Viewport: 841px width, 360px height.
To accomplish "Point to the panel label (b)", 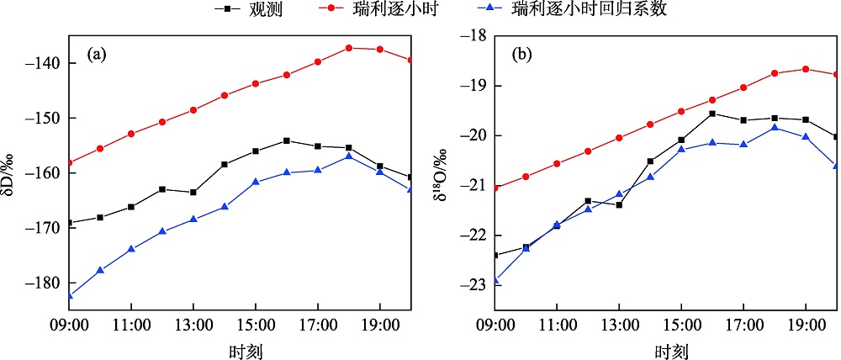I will coord(522,56).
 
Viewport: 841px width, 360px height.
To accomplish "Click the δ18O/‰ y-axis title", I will coord(441,173).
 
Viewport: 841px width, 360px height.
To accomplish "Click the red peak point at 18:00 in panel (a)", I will coord(348,48).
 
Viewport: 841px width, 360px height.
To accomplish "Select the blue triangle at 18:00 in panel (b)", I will coord(775,127).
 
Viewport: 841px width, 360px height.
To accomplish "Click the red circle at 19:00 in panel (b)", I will coord(806,69).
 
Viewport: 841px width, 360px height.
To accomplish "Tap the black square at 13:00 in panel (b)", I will coord(619,204).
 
